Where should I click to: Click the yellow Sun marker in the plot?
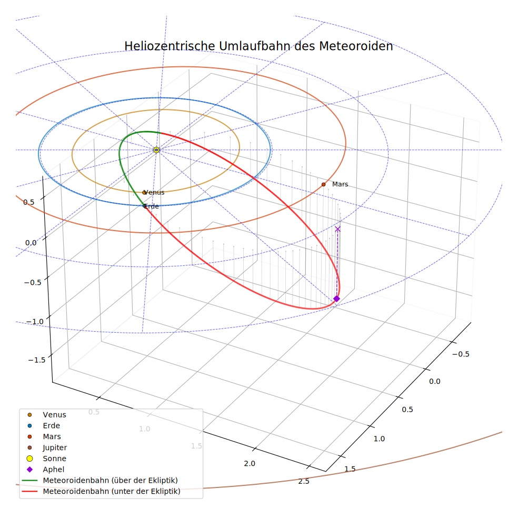[x=156, y=150]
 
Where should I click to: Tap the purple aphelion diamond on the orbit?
[x=336, y=298]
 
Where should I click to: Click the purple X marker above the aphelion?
[x=337, y=229]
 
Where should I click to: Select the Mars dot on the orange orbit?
[x=323, y=184]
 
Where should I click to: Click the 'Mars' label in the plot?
[x=340, y=184]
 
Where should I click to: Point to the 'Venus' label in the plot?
[x=154, y=192]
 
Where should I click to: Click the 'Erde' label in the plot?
[x=152, y=206]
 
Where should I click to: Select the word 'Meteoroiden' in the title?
[x=356, y=46]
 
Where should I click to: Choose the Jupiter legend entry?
[x=47, y=447]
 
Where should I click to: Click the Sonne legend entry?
[x=47, y=459]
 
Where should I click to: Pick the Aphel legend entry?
[x=46, y=470]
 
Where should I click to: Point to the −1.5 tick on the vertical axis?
[x=37, y=360]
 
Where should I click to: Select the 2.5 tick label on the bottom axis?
[x=304, y=481]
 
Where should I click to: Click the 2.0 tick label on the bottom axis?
[x=250, y=463]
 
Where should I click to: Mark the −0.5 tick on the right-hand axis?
[x=461, y=354]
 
